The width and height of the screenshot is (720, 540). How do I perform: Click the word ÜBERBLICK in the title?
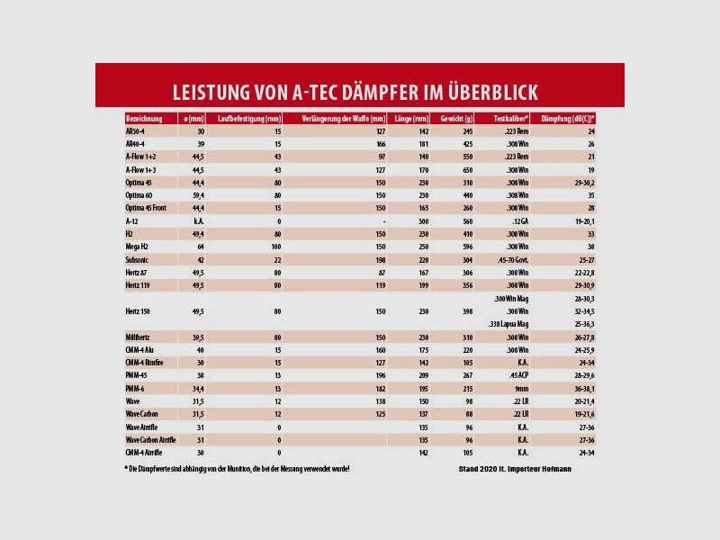486,93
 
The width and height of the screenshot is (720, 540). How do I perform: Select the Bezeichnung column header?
144,119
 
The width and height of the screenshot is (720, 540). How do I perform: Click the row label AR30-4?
136,131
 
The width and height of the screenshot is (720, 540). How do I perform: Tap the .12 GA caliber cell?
515,220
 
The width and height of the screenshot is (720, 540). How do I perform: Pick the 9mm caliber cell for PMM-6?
517,388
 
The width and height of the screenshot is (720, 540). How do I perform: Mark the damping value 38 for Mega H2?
590,246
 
